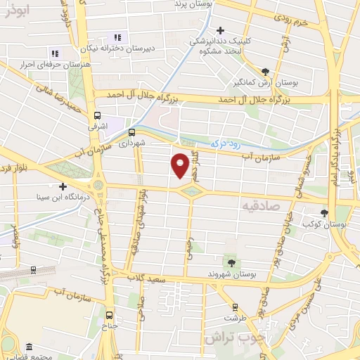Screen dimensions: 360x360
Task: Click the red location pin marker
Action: coord(181,165)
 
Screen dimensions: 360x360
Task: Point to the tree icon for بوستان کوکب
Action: coord(324,213)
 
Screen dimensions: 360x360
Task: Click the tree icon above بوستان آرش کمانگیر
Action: coord(265,71)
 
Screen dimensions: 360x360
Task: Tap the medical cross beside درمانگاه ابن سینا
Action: coord(63,187)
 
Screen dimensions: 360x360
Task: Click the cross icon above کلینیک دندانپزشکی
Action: coord(221,30)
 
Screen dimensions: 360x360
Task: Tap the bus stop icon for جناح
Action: coord(109,315)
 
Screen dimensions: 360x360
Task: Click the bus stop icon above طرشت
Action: coord(234,307)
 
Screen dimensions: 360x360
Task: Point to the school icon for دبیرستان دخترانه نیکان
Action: coord(117,37)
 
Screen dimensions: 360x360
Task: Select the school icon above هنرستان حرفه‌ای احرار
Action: coord(54,53)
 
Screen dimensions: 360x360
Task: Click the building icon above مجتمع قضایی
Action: coord(29,347)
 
